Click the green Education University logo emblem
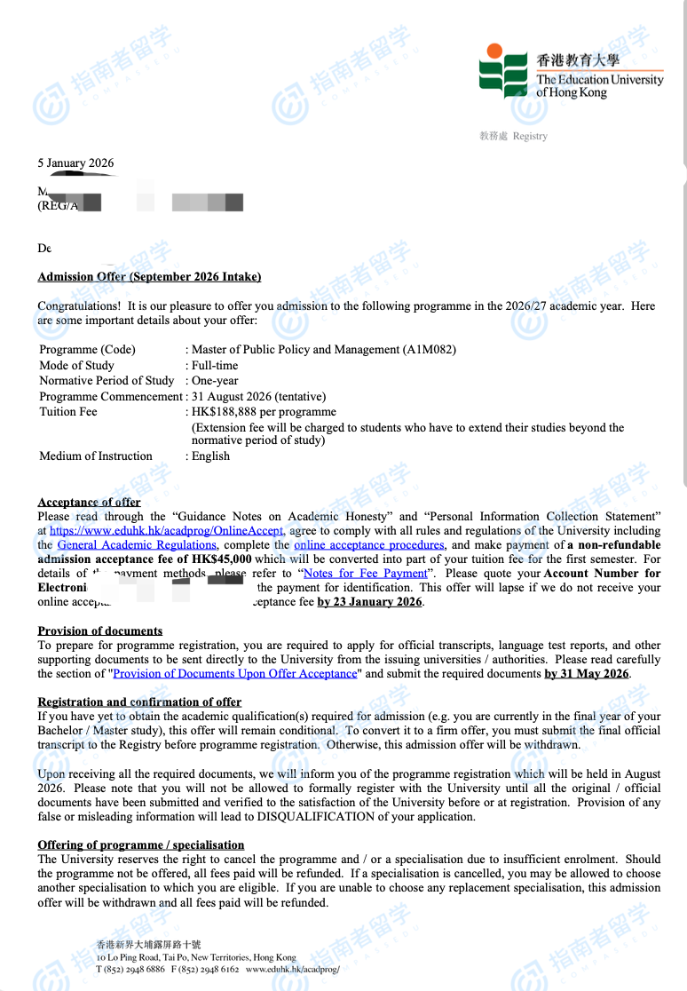[504, 70]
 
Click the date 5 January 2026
[75, 163]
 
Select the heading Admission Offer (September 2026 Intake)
[149, 277]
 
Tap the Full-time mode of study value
[215, 365]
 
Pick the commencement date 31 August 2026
[232, 396]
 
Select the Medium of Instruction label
[96, 456]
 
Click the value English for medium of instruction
[210, 456]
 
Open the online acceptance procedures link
[368, 545]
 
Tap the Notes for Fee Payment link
[365, 574]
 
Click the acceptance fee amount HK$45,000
[221, 559]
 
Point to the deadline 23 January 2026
[370, 602]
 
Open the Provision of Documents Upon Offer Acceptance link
[235, 674]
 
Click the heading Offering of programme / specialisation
[140, 844]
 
